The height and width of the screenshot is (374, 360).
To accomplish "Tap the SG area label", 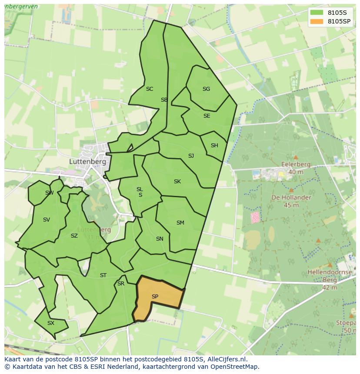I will click(206, 89).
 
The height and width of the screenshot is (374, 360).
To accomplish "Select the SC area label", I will click(150, 89).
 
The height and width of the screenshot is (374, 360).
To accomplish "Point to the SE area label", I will click(207, 116).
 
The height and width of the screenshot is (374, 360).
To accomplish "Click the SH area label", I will click(214, 146).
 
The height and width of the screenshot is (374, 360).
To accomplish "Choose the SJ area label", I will click(191, 156).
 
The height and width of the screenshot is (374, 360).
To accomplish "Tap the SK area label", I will click(177, 182).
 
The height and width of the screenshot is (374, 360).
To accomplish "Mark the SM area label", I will click(180, 223).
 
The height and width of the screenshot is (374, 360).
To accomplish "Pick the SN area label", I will click(160, 239).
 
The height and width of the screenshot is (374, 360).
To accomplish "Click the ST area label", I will click(103, 275).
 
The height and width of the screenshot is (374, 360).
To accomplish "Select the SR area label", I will click(121, 284).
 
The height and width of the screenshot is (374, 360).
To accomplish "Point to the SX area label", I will click(51, 323).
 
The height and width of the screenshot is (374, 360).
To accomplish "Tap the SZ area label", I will click(74, 236).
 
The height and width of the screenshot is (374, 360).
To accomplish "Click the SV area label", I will click(47, 220).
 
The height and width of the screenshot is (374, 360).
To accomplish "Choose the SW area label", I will click(49, 193).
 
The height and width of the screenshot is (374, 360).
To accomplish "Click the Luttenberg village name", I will click(87, 161).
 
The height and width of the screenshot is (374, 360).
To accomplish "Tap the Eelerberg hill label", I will click(296, 165).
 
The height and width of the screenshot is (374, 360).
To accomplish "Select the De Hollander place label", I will click(291, 197).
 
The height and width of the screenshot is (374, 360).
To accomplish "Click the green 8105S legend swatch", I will click(316, 12).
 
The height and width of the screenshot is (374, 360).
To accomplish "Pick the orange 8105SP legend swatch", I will click(316, 21).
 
